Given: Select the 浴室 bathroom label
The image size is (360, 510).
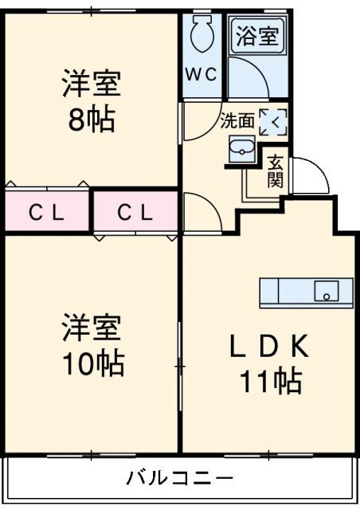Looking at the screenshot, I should (256, 37).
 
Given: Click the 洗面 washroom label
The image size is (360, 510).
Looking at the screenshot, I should (237, 121).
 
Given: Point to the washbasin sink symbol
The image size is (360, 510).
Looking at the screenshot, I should (241, 149).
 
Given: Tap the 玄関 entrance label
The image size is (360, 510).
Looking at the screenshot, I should (275, 172).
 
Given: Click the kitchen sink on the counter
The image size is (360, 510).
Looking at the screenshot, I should (326, 292).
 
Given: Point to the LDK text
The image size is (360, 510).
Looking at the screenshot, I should (270, 347).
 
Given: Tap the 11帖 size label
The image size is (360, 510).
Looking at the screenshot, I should (271, 382).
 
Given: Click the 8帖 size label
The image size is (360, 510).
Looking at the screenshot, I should (92, 120).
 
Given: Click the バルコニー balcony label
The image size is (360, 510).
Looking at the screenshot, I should (180, 479).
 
